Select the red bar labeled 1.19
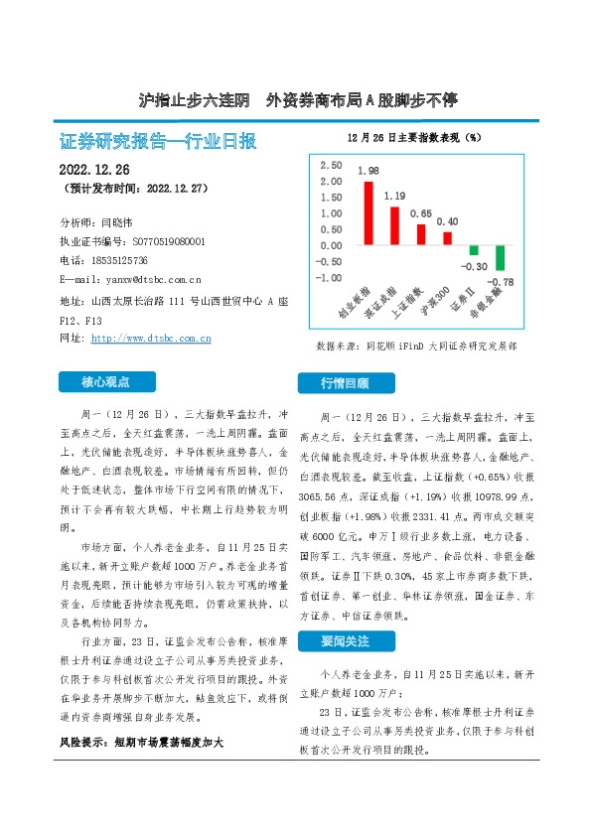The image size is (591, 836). (394, 226)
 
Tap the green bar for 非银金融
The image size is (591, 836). (501, 258)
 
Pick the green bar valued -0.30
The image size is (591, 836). (474, 250)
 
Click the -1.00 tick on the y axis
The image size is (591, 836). (330, 277)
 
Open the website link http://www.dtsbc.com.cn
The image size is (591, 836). (151, 339)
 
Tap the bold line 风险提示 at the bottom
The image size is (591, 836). (138, 741)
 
